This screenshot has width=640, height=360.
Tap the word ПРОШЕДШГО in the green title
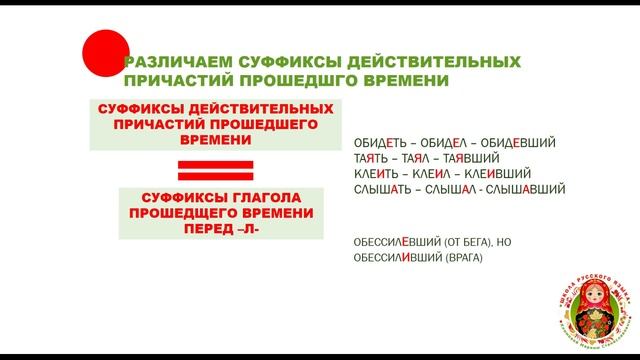[x=291, y=80]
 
